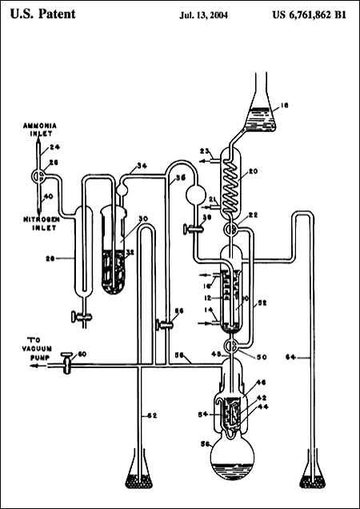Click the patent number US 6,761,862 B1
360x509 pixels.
tap(308, 14)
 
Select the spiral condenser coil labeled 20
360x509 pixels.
tap(233, 183)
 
